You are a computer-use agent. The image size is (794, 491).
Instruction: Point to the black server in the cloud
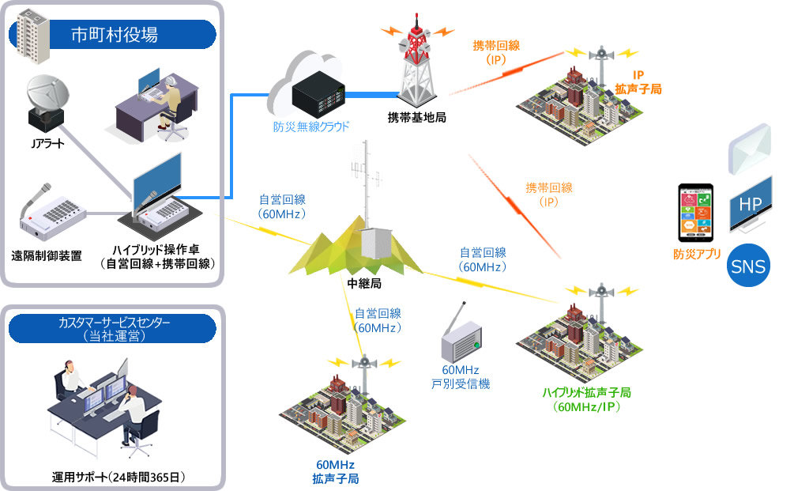pos(317,96)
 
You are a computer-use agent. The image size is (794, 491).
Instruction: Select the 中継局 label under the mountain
pos(364,282)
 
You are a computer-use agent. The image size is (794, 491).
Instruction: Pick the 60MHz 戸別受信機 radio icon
pos(461,338)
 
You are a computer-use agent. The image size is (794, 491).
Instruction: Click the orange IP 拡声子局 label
pos(638,81)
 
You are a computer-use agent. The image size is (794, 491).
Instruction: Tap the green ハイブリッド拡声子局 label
pos(585,399)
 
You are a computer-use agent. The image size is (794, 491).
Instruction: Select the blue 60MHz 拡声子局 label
pos(335,470)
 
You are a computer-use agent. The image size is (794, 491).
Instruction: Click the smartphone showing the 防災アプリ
pos(696,213)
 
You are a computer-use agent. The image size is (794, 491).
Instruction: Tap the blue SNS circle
pos(748,266)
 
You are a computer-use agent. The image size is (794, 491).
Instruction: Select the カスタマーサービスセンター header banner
pos(115,328)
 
